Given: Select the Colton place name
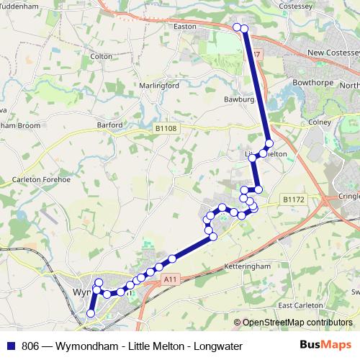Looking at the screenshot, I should click(x=101, y=55).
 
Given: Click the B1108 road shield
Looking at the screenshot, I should click(x=166, y=128).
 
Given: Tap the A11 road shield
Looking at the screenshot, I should click(x=170, y=279).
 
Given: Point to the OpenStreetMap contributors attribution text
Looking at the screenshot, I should click(x=297, y=322).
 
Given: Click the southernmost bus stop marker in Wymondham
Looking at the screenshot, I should click(x=91, y=313).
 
